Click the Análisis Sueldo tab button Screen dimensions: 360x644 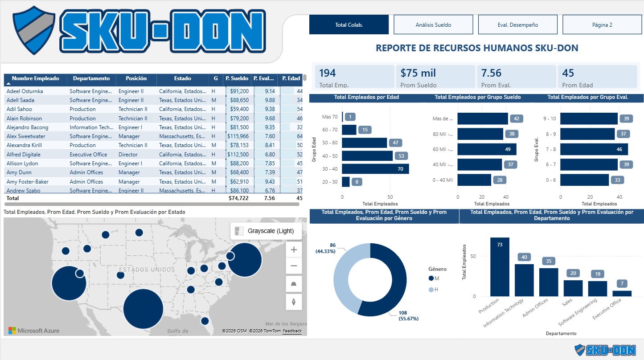tap(433, 25)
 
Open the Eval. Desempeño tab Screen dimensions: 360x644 tap(517, 25)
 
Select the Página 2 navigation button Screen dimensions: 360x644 tap(602, 25)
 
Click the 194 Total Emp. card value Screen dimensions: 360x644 tap(328, 73)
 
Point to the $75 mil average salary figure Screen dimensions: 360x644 tap(418, 73)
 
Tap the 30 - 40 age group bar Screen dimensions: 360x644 tap(375, 169)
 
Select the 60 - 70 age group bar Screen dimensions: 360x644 tap(349, 130)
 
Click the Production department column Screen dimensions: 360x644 tap(500, 267)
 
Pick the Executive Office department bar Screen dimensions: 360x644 tap(622, 294)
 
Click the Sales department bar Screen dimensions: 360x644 tap(573, 288)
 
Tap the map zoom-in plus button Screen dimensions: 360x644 tap(294, 250)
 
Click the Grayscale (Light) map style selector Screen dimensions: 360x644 tap(266, 231)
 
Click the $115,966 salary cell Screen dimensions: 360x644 tap(238, 136)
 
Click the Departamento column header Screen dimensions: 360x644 tap(91, 78)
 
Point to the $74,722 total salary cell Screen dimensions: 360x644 tap(238, 198)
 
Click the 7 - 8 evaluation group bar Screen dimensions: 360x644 tap(594, 149)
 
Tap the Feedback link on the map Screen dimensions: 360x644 tap(292, 331)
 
